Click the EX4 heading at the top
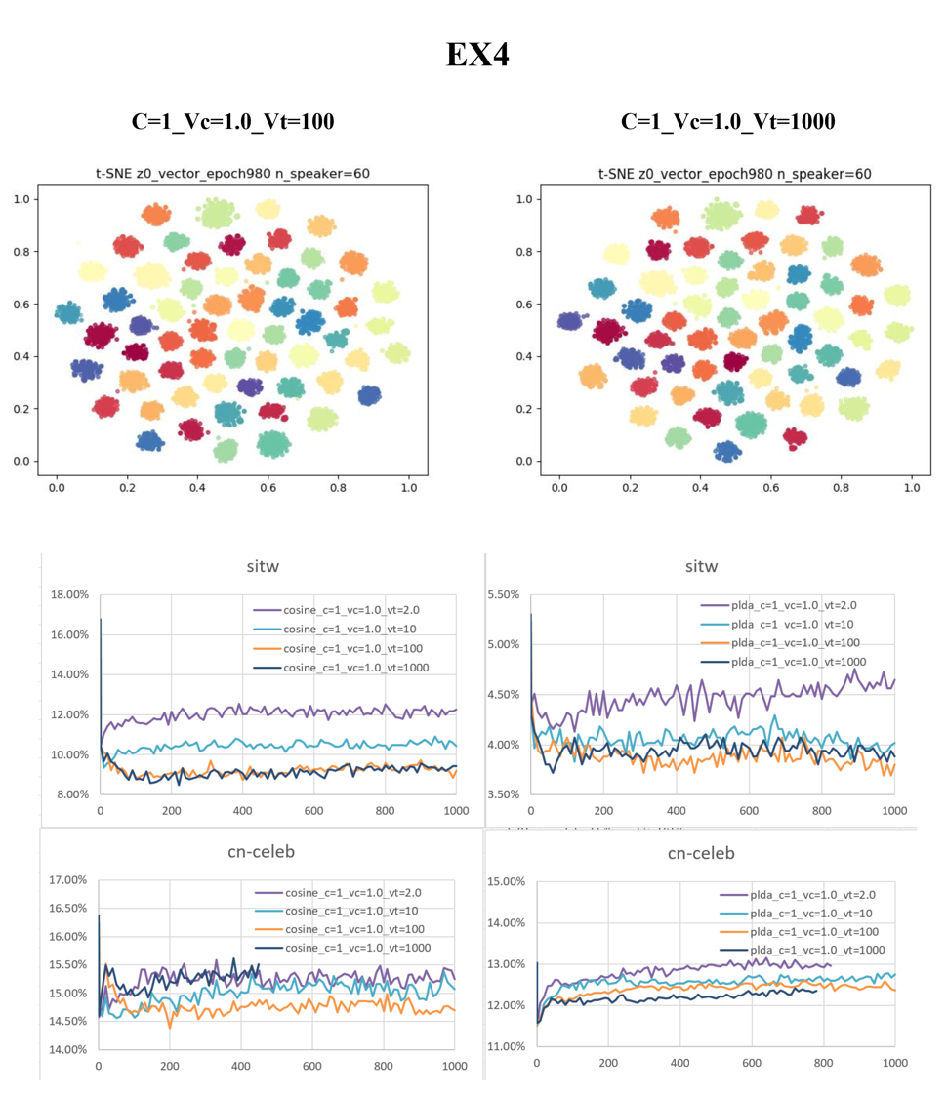pyautogui.click(x=477, y=55)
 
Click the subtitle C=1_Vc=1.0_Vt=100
pyautogui.click(x=232, y=121)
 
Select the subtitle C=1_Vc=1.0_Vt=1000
pyautogui.click(x=727, y=121)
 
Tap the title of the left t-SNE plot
pyautogui.click(x=232, y=174)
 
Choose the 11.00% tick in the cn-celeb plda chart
pyautogui.click(x=508, y=1046)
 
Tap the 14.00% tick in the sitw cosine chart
pyautogui.click(x=68, y=674)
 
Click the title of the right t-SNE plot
pyautogui.click(x=734, y=174)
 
